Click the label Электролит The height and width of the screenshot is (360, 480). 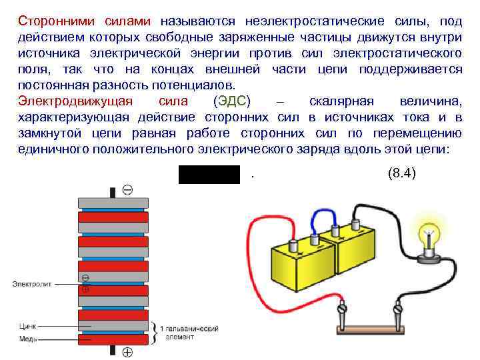31,284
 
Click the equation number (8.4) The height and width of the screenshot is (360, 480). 401,173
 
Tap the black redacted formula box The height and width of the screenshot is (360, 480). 209,174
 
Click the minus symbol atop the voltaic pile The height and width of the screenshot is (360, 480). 127,190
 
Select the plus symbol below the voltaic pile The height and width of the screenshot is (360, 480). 127,351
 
